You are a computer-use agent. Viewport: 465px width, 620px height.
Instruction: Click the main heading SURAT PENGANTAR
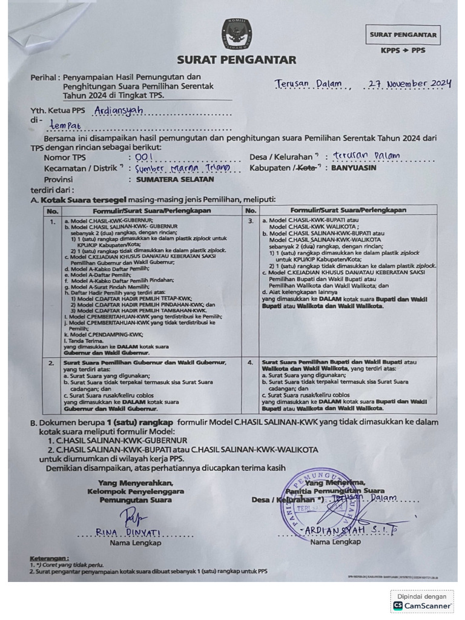236,60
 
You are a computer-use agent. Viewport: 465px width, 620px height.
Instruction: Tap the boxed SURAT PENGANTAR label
403,35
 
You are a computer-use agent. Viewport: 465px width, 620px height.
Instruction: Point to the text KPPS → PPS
403,50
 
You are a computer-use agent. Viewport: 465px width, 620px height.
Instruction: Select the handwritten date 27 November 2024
410,84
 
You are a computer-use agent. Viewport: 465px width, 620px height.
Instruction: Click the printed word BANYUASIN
354,168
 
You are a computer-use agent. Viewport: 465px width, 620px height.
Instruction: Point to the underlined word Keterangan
49,558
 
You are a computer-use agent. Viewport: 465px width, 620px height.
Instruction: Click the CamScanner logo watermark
422,605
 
